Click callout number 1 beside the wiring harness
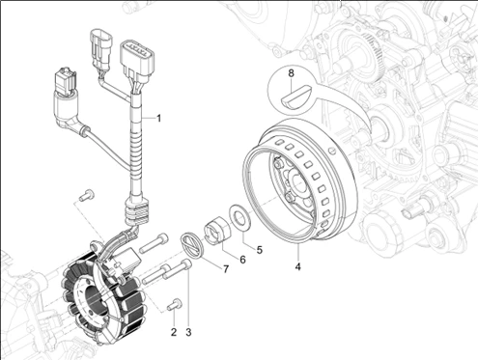[158, 119]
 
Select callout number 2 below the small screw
[174, 332]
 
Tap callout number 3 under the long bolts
[188, 332]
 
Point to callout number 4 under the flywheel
[298, 266]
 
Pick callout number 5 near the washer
[260, 250]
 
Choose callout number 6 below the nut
[242, 260]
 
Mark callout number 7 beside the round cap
[226, 269]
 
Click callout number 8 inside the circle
[292, 73]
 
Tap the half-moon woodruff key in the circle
[296, 96]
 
